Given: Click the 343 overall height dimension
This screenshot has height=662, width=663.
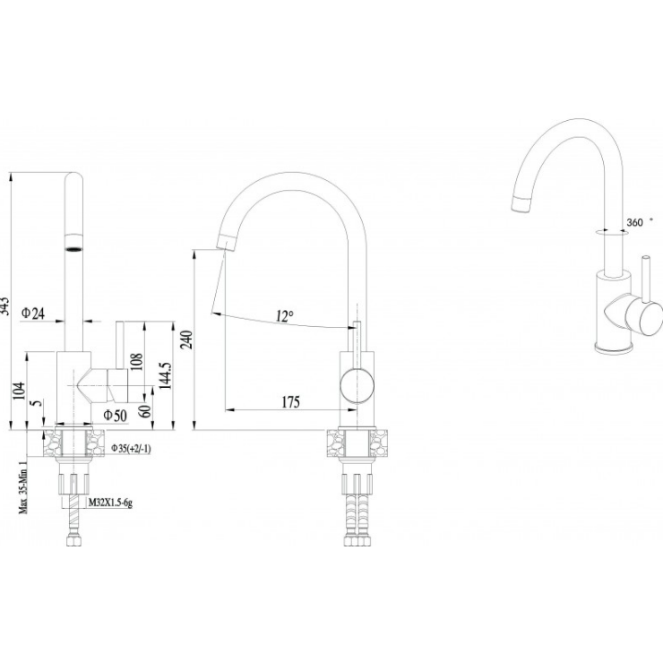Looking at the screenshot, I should (x=8, y=305).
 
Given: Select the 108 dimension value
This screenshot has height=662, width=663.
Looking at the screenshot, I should (x=137, y=362).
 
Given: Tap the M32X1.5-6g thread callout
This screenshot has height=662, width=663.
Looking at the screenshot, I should (x=110, y=503).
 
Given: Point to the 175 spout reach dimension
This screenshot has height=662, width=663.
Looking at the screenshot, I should (x=290, y=402).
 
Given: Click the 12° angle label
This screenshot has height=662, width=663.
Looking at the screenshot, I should (x=284, y=316).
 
